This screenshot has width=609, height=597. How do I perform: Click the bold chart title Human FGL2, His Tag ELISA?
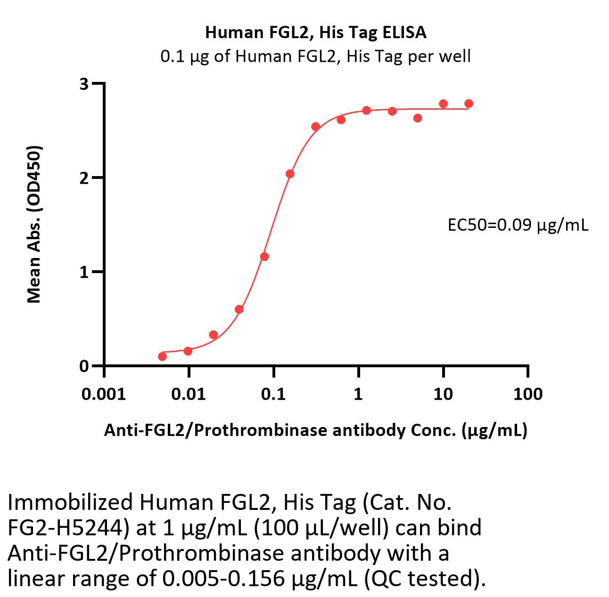point(315,32)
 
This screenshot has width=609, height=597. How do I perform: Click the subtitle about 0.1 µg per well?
point(315,56)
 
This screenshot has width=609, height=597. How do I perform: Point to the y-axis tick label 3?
point(84,84)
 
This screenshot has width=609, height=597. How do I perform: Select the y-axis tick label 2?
point(84,178)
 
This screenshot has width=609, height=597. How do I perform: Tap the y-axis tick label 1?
point(84,272)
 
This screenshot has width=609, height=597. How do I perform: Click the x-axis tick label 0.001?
point(104,394)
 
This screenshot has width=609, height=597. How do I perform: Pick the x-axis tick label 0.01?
point(189,394)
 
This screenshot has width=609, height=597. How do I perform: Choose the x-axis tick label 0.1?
point(273,394)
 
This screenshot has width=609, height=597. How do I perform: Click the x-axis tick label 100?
point(527,394)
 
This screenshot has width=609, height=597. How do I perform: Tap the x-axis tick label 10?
point(443,394)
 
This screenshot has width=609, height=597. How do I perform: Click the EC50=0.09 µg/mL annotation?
point(518,226)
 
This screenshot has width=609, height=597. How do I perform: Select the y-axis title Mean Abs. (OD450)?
point(34,224)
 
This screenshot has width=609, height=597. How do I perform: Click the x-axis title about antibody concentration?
point(315,430)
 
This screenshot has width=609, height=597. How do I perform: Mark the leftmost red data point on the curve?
point(162,356)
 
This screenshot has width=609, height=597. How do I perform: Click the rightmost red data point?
point(469,104)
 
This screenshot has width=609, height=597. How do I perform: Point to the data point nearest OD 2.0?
point(290,174)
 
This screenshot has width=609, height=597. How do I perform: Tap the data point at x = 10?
point(443,104)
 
